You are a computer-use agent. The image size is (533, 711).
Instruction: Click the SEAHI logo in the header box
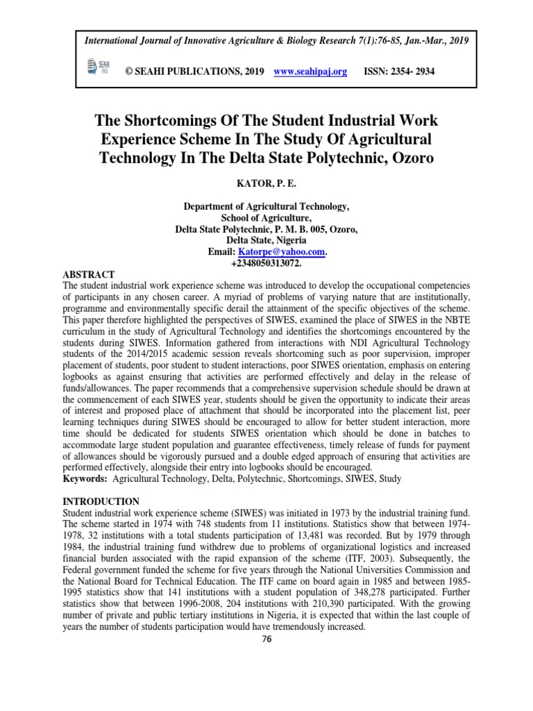coord(92,67)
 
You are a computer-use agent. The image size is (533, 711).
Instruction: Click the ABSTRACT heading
coord(89,275)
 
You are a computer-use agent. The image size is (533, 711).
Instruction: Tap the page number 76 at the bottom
coord(266,639)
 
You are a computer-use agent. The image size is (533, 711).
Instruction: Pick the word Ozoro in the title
coord(408,158)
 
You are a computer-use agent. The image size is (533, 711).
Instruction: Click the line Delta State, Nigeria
coord(266,241)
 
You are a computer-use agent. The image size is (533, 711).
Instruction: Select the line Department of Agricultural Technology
coord(266,206)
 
